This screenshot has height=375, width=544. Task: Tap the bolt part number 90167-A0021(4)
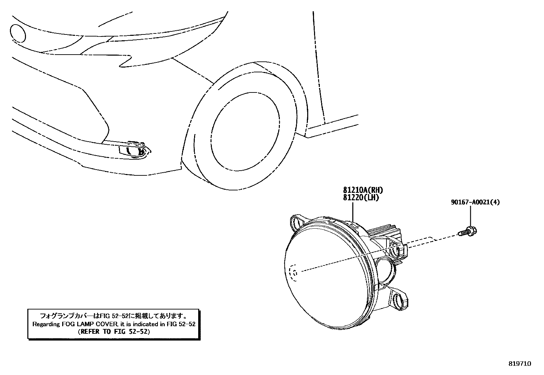tap(475, 203)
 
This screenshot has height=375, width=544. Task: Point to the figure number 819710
tap(519, 364)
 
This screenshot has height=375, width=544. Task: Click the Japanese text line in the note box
tap(114, 316)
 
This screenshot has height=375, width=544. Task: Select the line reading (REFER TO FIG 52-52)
tap(114, 331)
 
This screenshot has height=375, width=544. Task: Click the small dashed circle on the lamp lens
tap(293, 273)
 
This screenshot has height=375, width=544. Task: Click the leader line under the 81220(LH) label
tap(353, 211)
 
